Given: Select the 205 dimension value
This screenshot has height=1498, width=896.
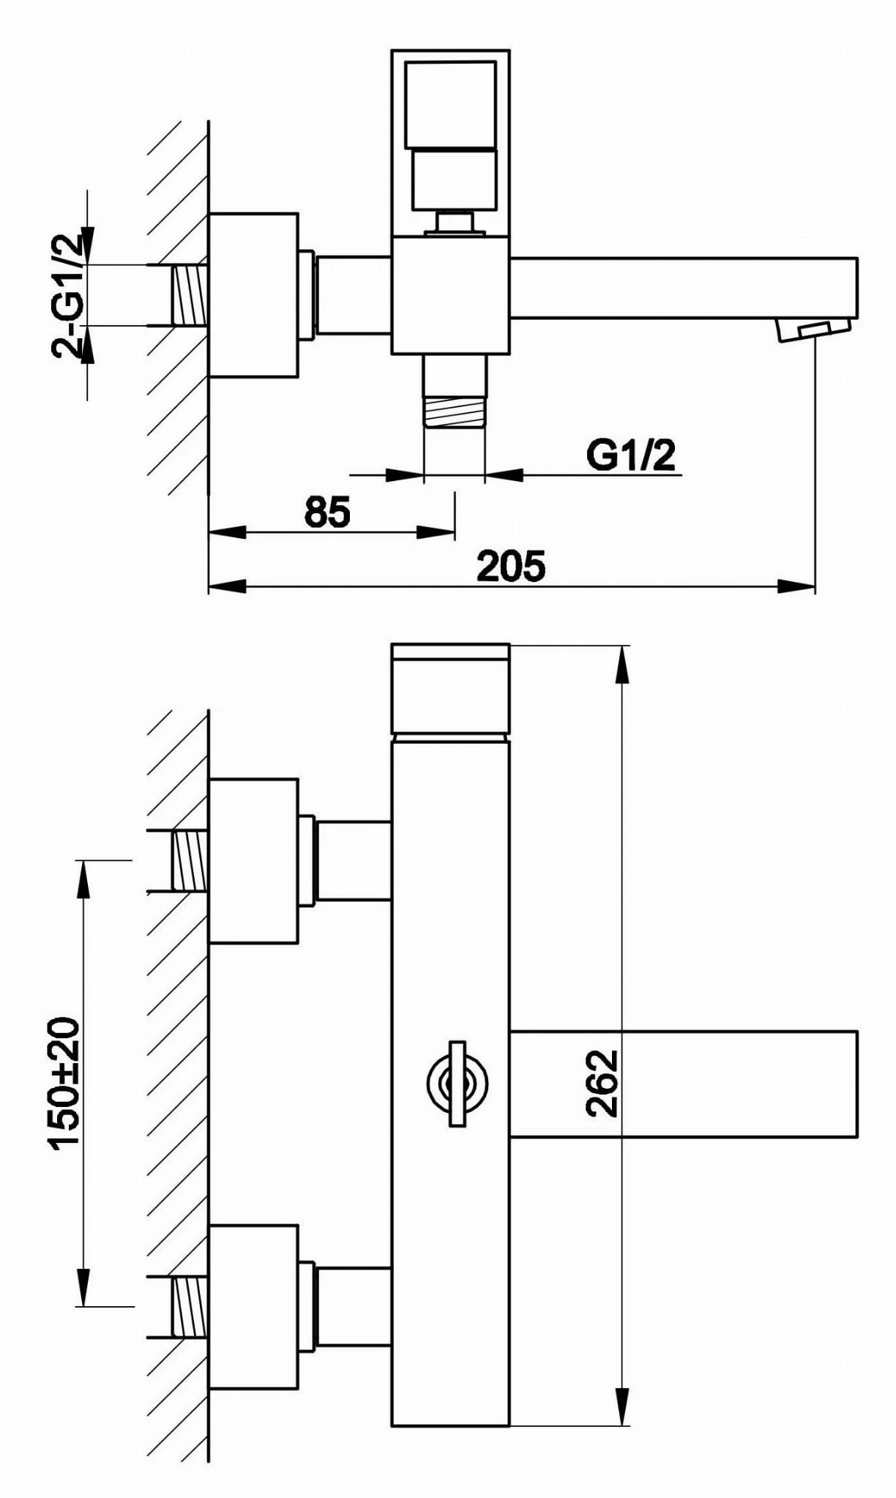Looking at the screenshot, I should pyautogui.click(x=511, y=566).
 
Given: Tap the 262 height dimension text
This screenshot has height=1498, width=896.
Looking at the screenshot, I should pyautogui.click(x=602, y=1084).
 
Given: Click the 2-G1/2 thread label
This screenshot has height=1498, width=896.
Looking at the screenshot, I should pyautogui.click(x=68, y=295).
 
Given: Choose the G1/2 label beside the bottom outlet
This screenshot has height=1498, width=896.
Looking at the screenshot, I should pyautogui.click(x=631, y=455).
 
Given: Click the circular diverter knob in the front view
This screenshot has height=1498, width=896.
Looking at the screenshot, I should pyautogui.click(x=457, y=1083).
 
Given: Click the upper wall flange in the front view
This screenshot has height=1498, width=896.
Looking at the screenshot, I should pyautogui.click(x=253, y=860).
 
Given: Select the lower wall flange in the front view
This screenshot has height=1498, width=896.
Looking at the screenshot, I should pyautogui.click(x=253, y=1306).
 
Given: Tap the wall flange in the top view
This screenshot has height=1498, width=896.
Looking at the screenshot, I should pyautogui.click(x=253, y=294).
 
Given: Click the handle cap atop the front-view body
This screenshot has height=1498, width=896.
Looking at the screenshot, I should pyautogui.click(x=450, y=688).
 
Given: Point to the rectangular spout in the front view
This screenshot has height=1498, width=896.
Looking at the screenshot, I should pyautogui.click(x=683, y=1084).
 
